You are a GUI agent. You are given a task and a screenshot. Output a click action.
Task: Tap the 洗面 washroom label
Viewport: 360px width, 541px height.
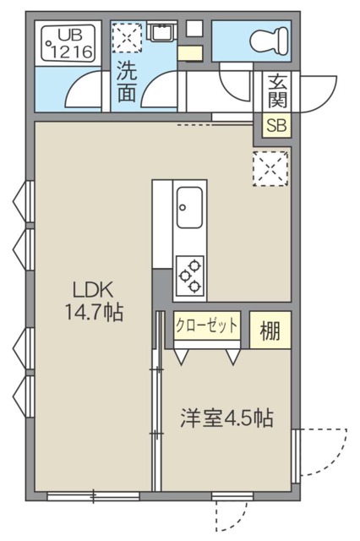click(127, 83)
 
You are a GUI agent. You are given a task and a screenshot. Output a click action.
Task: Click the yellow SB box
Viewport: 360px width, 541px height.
click(276, 126)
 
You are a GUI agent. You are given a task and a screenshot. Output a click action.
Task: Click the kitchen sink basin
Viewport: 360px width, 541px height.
click(188, 207)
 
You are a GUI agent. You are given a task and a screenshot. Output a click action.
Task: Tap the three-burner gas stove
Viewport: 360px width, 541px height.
click(190, 274)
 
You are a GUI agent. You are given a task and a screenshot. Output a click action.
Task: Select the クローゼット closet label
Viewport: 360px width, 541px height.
click(207, 325)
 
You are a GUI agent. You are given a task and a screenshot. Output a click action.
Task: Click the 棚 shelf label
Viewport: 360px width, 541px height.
click(270, 331)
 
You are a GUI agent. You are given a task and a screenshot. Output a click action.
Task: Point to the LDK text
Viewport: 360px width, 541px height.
click(93, 287)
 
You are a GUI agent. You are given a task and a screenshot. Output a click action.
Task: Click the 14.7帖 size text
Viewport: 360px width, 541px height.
click(93, 313)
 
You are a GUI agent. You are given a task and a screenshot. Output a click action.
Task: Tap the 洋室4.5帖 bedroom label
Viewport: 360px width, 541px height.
click(226, 418)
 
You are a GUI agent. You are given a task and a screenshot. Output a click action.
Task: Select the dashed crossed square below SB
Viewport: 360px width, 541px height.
click(271, 166)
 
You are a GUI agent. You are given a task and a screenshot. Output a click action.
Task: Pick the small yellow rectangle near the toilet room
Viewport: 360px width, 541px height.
click(190, 53)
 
